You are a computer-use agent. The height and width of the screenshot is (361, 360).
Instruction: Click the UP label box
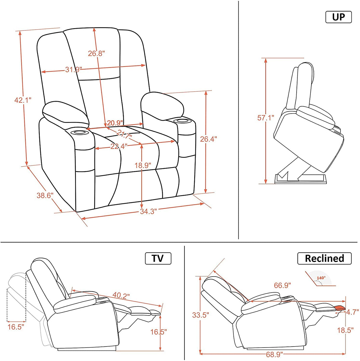click(x=338, y=17)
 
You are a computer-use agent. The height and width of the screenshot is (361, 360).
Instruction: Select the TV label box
click(x=158, y=258)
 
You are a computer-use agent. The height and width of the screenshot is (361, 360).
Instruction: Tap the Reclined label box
click(x=324, y=258)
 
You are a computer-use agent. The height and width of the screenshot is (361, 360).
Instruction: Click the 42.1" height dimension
click(x=23, y=100)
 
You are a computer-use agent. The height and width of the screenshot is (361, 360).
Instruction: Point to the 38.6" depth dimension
click(x=45, y=195)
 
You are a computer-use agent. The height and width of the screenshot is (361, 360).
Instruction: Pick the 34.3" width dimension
click(x=148, y=211)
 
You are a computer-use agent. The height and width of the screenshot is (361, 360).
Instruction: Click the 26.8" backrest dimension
click(x=96, y=53)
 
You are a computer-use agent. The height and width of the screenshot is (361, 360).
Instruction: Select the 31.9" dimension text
click(x=73, y=70)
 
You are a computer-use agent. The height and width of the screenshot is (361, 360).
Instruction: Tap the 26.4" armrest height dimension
click(x=208, y=139)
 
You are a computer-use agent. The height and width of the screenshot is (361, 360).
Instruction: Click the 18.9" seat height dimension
click(x=143, y=165)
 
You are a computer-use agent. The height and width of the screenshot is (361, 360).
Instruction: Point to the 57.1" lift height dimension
click(x=266, y=118)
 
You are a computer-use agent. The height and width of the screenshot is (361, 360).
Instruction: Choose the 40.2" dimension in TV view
click(x=121, y=296)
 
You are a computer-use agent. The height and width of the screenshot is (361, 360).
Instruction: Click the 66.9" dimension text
click(x=282, y=285)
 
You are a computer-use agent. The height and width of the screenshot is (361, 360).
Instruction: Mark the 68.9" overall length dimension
click(x=274, y=354)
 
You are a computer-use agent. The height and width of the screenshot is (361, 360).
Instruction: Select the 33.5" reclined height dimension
click(x=200, y=315)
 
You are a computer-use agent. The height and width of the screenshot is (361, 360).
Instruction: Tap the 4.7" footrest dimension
click(x=352, y=312)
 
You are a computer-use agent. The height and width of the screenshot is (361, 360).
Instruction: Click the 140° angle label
click(x=321, y=278)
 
